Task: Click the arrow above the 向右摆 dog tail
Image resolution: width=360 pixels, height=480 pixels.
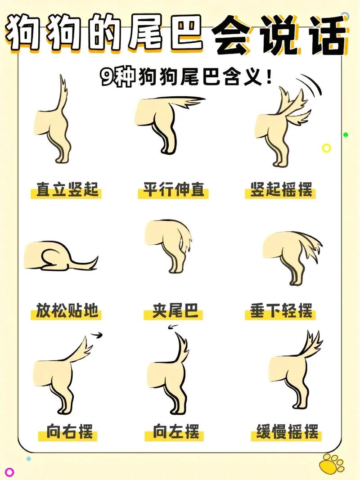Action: [97, 334]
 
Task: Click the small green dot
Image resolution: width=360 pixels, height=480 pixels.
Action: [346, 134]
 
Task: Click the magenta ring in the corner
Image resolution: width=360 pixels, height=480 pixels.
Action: [9, 472]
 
